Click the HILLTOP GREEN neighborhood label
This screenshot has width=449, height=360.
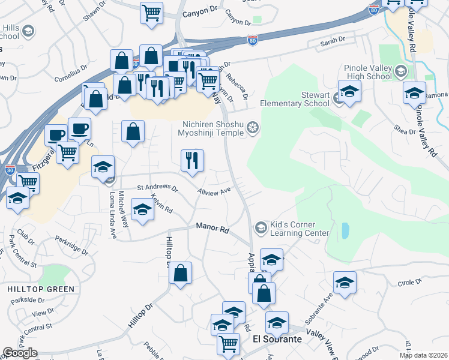(41, 289)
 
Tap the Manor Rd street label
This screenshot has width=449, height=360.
(213, 229)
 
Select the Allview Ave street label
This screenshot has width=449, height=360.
(214, 191)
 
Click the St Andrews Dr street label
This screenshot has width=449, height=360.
(158, 188)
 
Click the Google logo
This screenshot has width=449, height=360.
(20, 353)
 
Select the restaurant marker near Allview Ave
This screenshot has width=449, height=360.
(192, 160)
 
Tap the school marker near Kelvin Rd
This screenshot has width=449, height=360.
(142, 211)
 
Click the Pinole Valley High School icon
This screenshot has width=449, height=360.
(399, 73)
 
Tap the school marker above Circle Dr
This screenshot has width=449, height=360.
(345, 283)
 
